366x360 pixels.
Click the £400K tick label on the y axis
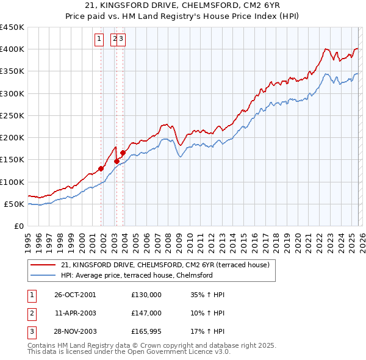(12, 49)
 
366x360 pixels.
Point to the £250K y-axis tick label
(12, 115)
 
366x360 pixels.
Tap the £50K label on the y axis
(15, 204)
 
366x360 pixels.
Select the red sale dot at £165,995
(123, 153)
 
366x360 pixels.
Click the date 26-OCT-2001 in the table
(75, 295)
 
